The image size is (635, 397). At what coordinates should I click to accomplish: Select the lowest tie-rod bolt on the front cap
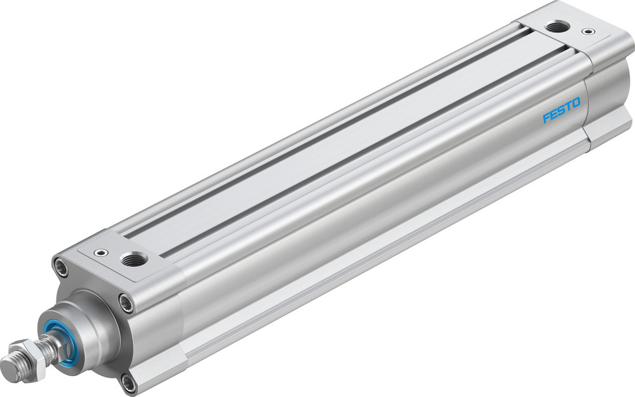click(x=130, y=382)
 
